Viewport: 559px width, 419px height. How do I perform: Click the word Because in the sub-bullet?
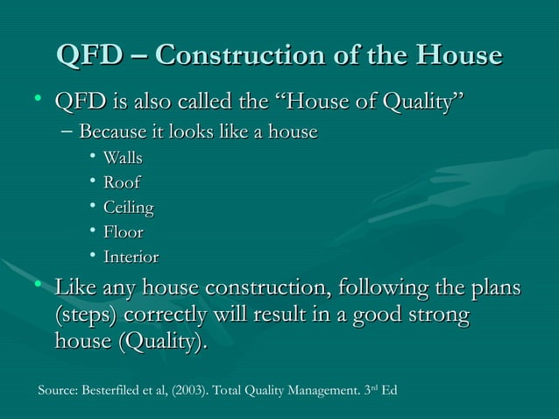pos(110,132)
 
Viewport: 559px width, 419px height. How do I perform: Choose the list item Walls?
pos(123,159)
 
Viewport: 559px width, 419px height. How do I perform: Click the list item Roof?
pos(122,183)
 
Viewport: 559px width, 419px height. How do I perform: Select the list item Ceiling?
pos(129,209)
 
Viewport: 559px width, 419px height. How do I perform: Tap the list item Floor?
pos(123,233)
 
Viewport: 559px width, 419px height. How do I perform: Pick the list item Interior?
pos(131,258)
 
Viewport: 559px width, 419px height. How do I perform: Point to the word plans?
pos(492,288)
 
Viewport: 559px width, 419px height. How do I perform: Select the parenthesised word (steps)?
pos(87,315)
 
